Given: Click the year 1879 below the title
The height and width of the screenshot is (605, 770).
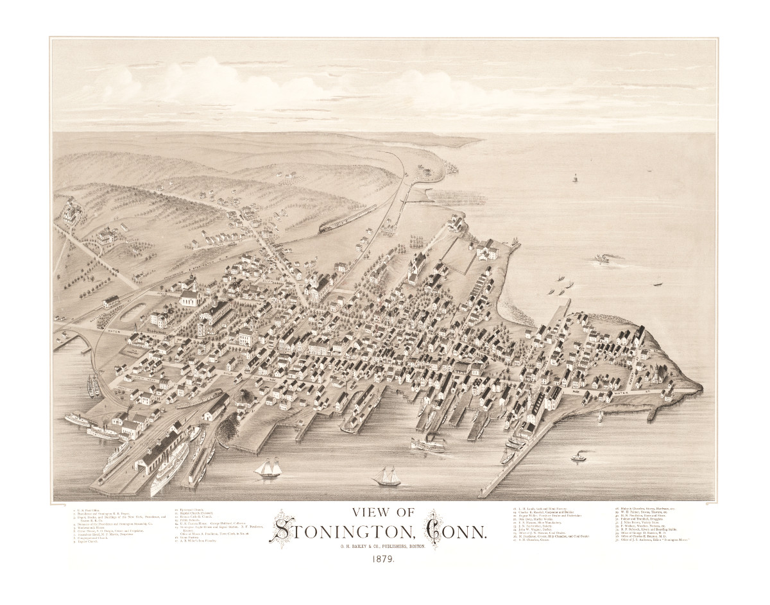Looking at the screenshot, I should tap(382, 558).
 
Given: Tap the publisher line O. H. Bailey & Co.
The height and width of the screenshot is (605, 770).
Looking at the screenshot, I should tap(384, 546).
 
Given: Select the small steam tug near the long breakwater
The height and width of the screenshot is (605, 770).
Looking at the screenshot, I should tap(578, 458).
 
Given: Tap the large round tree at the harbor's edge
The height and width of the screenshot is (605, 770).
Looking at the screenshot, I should tap(244, 399).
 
